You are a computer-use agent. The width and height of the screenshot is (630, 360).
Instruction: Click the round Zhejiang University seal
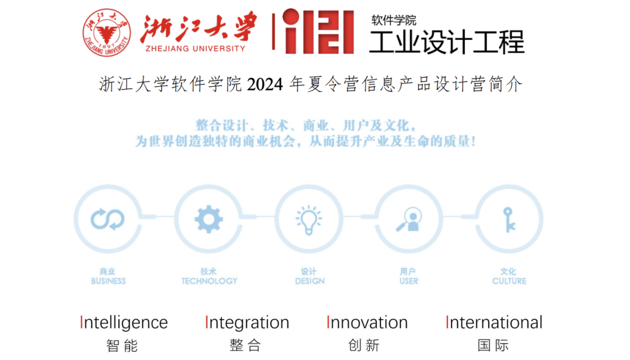pyautogui.click(x=107, y=33)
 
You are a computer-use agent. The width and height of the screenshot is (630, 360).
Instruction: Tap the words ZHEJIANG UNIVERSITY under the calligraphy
pyautogui.click(x=195, y=48)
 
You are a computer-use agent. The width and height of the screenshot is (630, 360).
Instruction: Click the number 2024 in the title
pyautogui.click(x=265, y=85)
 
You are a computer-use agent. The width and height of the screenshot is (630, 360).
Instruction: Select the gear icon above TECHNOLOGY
pyautogui.click(x=208, y=219)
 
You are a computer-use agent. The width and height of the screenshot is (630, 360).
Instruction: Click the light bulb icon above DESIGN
pyautogui.click(x=309, y=220)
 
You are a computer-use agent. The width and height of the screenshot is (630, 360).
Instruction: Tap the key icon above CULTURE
pyautogui.click(x=509, y=220)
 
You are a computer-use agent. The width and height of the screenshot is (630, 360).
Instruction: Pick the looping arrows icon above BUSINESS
pyautogui.click(x=108, y=219)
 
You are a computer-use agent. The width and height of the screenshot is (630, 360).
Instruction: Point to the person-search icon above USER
pyautogui.click(x=408, y=219)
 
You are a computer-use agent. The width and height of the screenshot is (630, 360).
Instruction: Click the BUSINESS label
pyautogui.click(x=108, y=281)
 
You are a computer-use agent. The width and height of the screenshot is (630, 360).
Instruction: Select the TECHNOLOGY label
pyautogui.click(x=209, y=281)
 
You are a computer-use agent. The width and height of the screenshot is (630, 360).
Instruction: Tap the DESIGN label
pyautogui.click(x=310, y=281)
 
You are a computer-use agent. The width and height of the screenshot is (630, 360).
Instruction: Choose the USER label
pyautogui.click(x=408, y=281)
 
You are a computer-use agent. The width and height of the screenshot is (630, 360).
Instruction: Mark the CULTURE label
pyautogui.click(x=509, y=281)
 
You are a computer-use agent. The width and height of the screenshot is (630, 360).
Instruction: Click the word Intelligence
pyautogui.click(x=124, y=323)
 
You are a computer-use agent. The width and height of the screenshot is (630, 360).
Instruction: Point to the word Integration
pyautogui.click(x=247, y=323)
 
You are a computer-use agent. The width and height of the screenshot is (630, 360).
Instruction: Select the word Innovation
pyautogui.click(x=367, y=323)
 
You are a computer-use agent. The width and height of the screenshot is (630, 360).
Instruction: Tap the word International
pyautogui.click(x=494, y=323)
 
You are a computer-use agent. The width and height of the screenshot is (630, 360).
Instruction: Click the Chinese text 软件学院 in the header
pyautogui.click(x=394, y=20)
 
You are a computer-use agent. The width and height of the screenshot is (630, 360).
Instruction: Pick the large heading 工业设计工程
pyautogui.click(x=447, y=42)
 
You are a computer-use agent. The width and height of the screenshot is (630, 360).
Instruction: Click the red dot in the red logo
pyautogui.click(x=291, y=17)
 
